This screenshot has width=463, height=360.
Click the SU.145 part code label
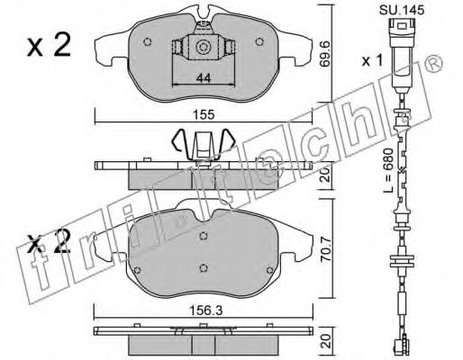click(x=402, y=10)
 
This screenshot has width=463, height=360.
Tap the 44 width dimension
click(x=204, y=78)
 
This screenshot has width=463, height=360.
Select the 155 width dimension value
click(x=204, y=114)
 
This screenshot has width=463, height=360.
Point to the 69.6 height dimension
click(x=324, y=53)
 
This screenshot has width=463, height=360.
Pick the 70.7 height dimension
click(x=325, y=249)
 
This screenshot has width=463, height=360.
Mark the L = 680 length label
click(x=389, y=170)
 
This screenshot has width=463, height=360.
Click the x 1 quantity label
click(x=372, y=61)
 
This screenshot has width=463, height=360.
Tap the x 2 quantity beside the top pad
click(x=49, y=45)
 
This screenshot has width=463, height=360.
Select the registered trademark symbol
click(x=434, y=64)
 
